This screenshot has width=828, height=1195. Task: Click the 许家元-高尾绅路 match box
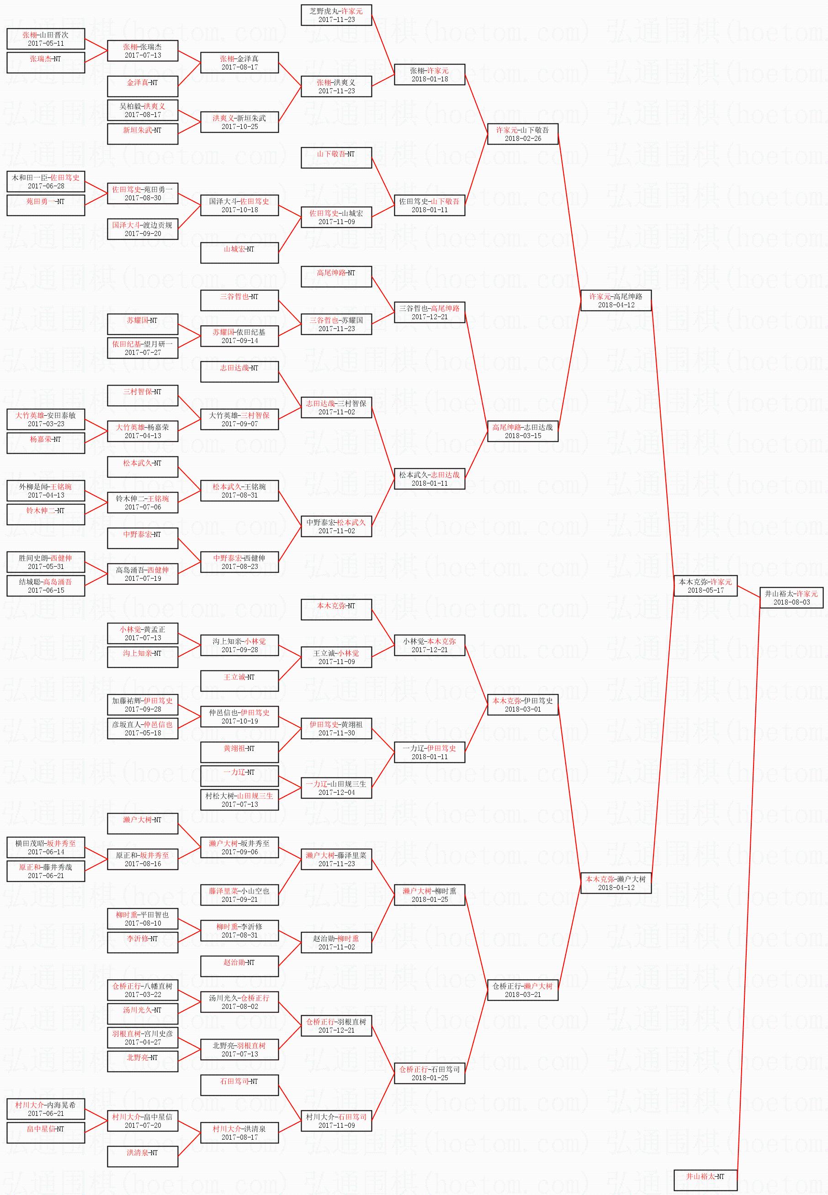tap(616, 300)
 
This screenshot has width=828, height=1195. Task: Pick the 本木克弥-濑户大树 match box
tap(616, 883)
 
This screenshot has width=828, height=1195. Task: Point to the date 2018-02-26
tap(522, 139)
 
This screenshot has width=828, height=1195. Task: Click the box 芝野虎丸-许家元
tap(336, 15)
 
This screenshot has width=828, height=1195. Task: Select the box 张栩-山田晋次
tap(46, 39)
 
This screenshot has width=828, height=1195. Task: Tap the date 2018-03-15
tap(522, 435)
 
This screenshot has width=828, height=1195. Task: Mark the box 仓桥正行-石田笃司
tap(429, 1073)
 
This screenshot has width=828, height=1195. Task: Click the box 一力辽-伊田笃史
tap(429, 752)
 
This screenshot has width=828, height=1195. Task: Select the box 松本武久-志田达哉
tap(429, 479)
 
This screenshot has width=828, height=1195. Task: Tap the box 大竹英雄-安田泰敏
tap(46, 419)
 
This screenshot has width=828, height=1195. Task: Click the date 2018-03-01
tap(522, 709)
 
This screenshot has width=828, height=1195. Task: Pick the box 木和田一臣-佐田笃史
tap(46, 182)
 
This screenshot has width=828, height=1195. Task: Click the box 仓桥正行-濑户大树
tap(522, 990)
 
